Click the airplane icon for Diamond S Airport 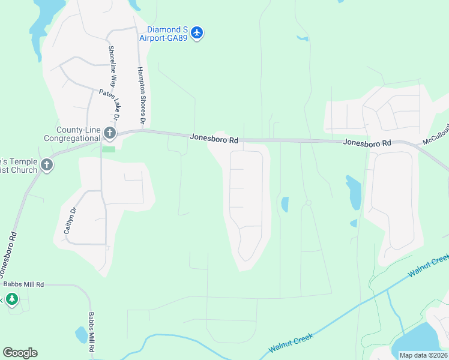coord(198,32)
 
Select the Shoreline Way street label coord(112,67)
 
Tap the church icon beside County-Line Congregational coord(109,132)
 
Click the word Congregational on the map coord(71,138)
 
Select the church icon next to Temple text coord(47,165)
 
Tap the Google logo coord(20,353)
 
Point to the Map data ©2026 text coord(423,355)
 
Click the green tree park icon coord(11,298)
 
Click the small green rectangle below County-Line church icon coord(109,149)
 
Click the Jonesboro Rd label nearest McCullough coord(367,143)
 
